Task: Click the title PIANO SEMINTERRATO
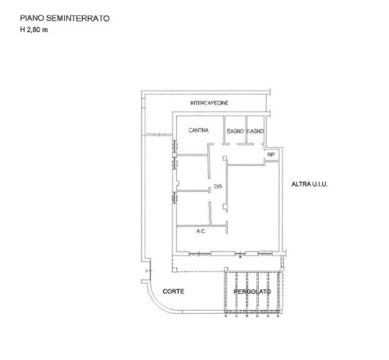[65, 19]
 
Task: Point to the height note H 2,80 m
[33, 30]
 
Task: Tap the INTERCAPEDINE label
[209, 103]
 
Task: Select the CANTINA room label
[199, 130]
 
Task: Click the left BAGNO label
[235, 131]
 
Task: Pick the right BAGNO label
[255, 131]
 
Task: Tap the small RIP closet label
[271, 155]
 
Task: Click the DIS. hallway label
[218, 186]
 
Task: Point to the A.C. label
[201, 231]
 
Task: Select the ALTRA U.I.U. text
[309, 184]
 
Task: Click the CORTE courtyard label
[174, 291]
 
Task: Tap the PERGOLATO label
[252, 291]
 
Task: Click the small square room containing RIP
[272, 154]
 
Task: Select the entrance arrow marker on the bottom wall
[240, 256]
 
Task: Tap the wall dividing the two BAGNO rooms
[246, 130]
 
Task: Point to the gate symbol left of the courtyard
[149, 271]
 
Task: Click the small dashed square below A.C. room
[175, 269]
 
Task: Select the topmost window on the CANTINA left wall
[175, 146]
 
